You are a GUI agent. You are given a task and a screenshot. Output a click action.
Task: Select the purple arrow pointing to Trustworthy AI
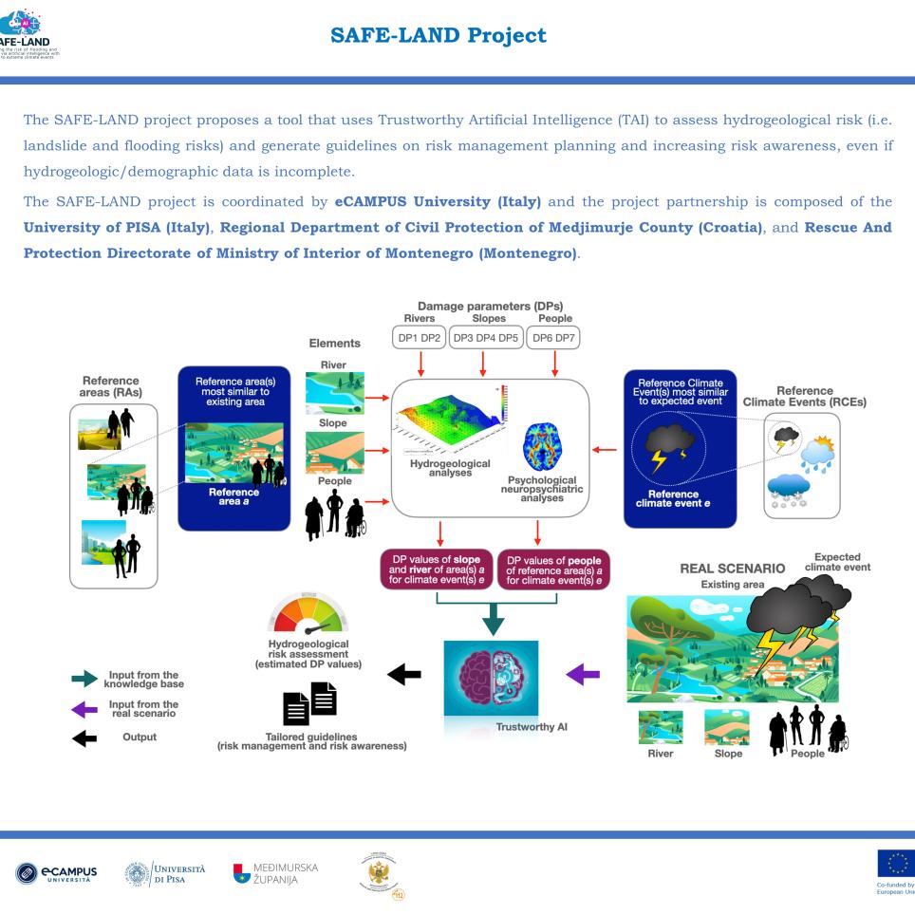582,674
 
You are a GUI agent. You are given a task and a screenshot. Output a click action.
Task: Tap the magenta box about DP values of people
552,570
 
